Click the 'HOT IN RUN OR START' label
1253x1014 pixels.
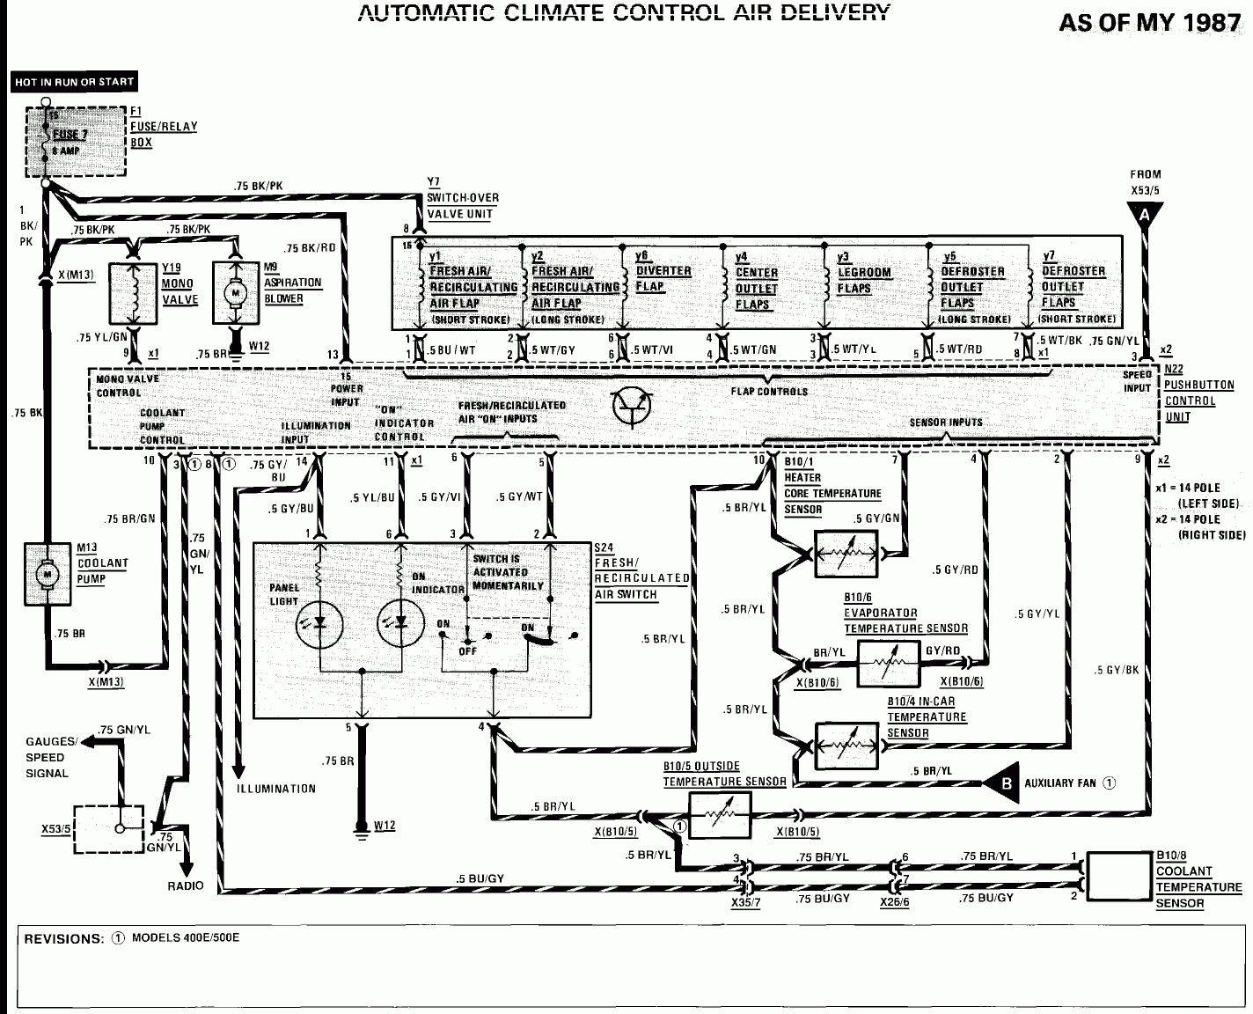click(74, 82)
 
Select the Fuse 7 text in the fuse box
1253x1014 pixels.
click(70, 135)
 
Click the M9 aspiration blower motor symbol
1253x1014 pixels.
click(235, 290)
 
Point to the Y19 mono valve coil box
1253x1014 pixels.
click(134, 291)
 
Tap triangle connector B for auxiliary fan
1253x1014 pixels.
click(1004, 783)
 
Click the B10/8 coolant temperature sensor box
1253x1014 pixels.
click(1118, 876)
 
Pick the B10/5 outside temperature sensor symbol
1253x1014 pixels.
click(719, 814)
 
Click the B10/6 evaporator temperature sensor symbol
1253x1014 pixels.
click(889, 663)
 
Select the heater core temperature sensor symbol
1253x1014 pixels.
click(846, 554)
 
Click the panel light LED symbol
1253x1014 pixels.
click(319, 623)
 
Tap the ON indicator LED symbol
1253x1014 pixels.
click(400, 623)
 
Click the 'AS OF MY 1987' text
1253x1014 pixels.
click(1149, 23)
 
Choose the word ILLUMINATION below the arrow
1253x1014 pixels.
click(275, 789)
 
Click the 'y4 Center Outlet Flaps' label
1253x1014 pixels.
click(756, 282)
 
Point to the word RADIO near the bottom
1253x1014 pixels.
click(185, 885)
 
